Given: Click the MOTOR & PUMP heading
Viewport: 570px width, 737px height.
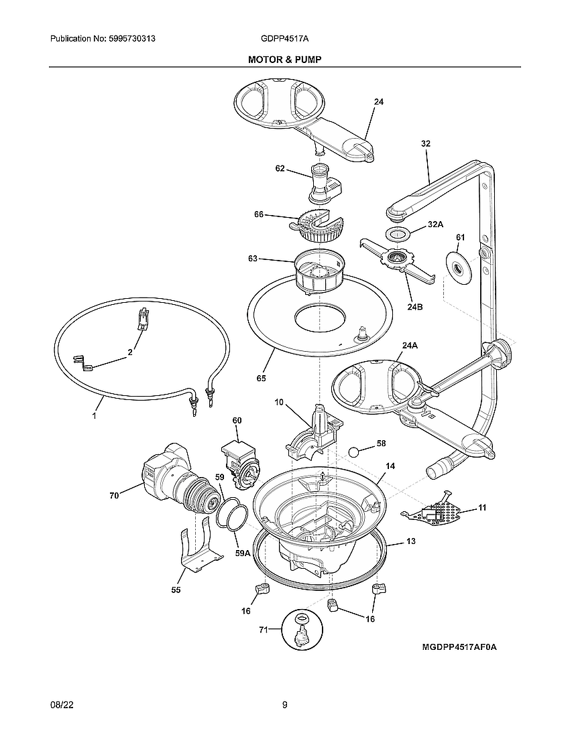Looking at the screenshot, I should point(284,60).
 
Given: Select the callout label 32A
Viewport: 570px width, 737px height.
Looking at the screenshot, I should point(435,226).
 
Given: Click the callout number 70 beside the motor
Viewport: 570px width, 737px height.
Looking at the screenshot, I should point(114,496).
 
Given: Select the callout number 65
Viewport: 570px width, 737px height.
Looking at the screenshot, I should point(261,379).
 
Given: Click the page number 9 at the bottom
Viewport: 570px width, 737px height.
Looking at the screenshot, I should point(284,705).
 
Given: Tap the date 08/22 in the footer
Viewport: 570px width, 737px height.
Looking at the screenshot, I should point(61,705).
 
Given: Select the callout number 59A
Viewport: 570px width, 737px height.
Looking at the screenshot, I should point(242,553).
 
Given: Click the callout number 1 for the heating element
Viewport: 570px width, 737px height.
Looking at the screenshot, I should point(94,415).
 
